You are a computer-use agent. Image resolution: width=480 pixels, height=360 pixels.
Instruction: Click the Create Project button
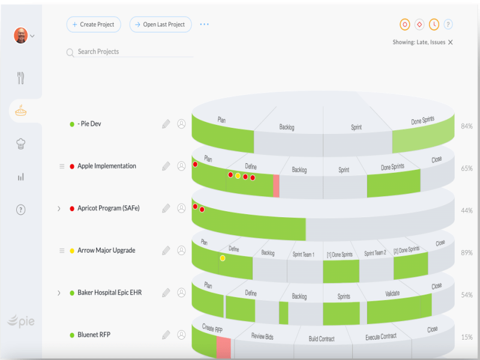click(x=94, y=25)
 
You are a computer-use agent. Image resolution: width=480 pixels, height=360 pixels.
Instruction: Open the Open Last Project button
click(x=160, y=25)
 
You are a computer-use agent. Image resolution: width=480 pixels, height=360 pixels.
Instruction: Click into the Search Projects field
click(x=132, y=52)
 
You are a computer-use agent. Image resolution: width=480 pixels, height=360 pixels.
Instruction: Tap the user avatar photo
click(x=21, y=35)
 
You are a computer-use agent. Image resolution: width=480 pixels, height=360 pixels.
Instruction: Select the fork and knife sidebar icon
click(x=21, y=78)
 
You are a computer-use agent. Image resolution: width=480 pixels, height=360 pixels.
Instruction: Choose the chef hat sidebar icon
click(x=21, y=143)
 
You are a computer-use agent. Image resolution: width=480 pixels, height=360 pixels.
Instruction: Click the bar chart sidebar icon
click(x=21, y=177)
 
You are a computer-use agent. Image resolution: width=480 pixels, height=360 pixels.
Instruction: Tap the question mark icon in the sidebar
click(x=21, y=209)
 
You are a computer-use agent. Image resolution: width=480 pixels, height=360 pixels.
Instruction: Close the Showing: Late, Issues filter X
click(x=451, y=43)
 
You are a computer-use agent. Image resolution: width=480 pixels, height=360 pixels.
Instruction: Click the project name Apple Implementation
click(x=107, y=166)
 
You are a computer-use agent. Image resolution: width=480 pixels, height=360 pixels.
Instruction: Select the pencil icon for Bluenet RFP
click(x=166, y=335)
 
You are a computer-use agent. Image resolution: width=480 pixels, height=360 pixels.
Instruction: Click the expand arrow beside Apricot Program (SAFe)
click(x=59, y=209)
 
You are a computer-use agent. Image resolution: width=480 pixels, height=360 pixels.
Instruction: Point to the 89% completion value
click(x=466, y=253)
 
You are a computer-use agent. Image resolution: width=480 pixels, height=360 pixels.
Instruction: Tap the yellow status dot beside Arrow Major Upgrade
click(x=72, y=251)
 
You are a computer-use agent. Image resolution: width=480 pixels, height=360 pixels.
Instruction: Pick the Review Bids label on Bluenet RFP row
click(x=262, y=337)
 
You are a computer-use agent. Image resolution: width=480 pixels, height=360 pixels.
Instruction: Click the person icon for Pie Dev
click(x=181, y=124)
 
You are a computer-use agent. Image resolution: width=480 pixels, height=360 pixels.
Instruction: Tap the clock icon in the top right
click(x=434, y=25)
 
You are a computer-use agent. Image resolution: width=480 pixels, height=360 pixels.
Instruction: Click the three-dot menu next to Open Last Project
click(x=205, y=25)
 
